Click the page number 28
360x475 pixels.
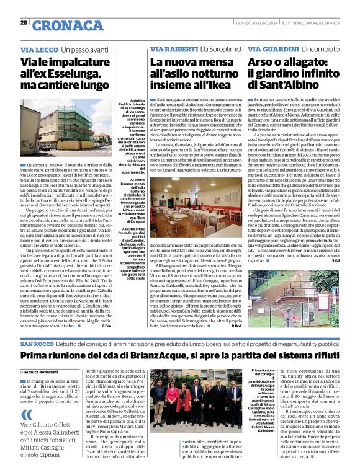[24, 22]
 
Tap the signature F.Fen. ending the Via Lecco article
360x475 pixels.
[107, 326]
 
